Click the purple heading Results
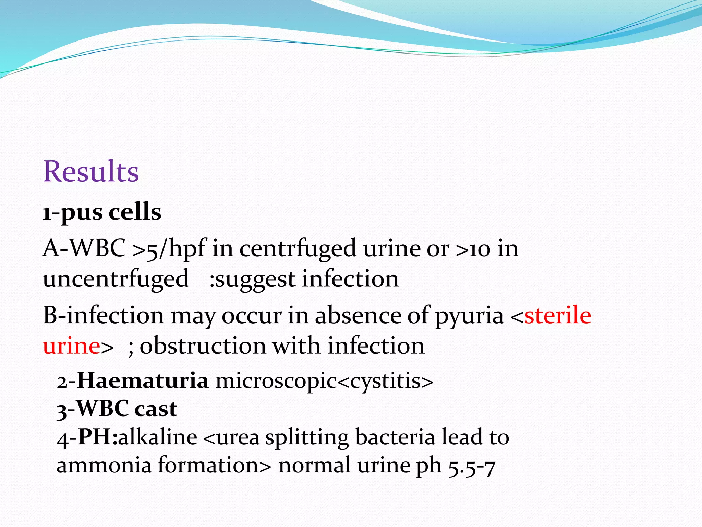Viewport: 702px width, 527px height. coord(91,172)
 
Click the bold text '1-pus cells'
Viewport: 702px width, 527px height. coord(102,212)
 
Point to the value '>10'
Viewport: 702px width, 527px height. coord(473,248)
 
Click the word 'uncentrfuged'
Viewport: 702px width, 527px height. coord(116,279)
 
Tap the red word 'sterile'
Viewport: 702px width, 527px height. coord(558,315)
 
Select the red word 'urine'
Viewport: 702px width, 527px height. coord(71,346)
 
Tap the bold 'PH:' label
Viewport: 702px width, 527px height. coord(98,437)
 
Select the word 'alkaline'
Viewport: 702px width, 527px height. coord(158,437)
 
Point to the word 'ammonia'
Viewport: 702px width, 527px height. coord(104,466)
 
